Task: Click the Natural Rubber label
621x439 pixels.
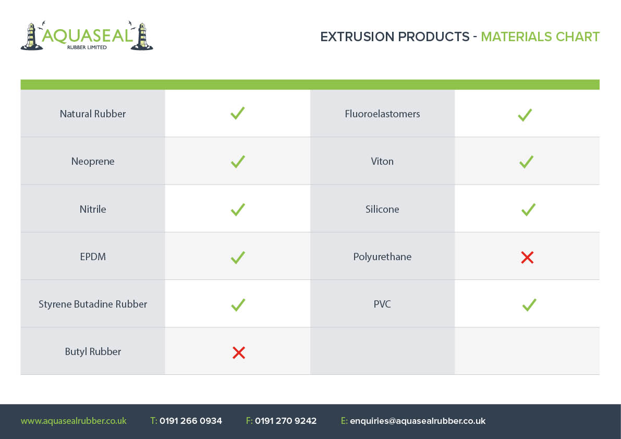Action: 93,114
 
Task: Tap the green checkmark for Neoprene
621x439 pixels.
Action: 238,162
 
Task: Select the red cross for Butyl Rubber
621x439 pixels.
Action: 239,352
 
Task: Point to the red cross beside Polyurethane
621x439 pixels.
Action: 528,258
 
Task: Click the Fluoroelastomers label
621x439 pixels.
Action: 382,114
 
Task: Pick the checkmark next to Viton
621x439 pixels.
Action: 526,162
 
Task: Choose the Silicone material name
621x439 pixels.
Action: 382,209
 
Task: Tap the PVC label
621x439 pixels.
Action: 382,304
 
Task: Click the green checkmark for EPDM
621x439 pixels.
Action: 238,258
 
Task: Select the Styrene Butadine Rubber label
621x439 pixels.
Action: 93,304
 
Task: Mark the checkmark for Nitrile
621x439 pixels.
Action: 238,210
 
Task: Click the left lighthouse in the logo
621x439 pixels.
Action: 32,36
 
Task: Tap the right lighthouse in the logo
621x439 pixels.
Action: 142,36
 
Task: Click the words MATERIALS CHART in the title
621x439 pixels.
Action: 540,37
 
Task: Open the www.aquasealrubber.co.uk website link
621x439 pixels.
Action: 74,421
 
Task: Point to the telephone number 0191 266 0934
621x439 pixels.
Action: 190,421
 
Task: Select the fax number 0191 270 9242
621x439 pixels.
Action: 286,421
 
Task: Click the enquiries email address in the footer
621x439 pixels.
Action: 418,421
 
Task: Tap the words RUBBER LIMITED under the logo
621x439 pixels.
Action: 87,47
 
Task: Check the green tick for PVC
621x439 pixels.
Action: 529,305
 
